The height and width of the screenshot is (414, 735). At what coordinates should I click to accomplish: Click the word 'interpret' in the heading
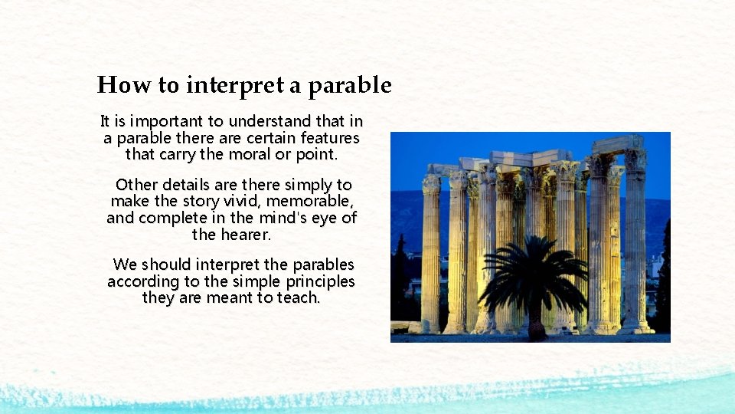[x=234, y=85]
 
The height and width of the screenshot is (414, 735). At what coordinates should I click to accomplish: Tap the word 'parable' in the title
[x=350, y=85]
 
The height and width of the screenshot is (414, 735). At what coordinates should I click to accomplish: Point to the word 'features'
[x=329, y=138]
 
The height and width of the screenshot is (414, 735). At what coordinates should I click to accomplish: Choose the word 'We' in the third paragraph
[x=124, y=264]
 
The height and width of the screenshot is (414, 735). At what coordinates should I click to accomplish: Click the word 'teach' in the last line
[x=299, y=297]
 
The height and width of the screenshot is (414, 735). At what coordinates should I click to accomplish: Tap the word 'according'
[x=139, y=281]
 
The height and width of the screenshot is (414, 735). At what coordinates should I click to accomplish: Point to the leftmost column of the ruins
[x=431, y=253]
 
